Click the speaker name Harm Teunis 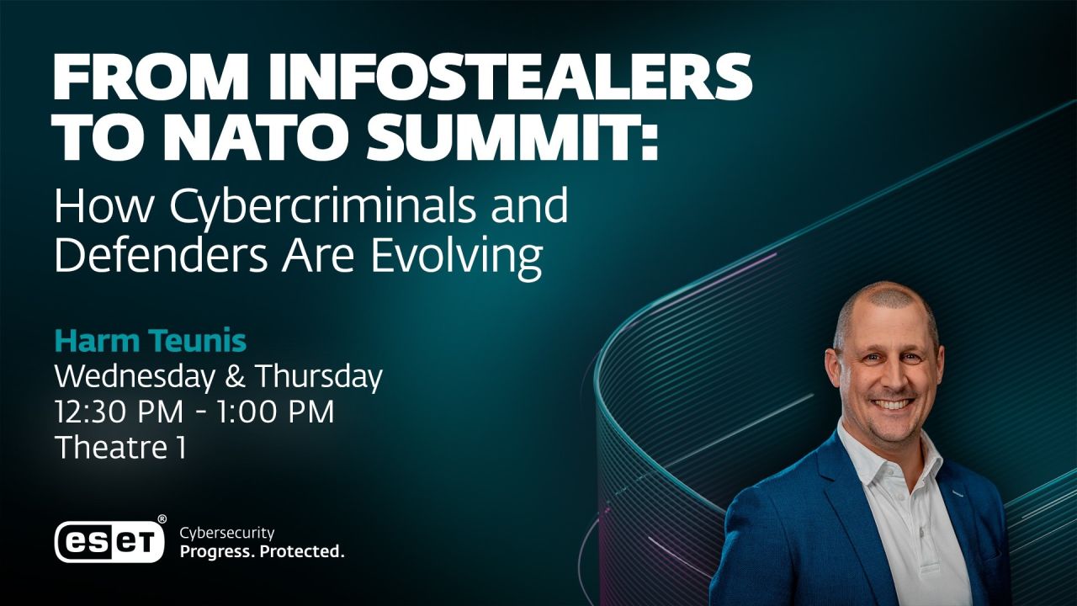click(x=151, y=342)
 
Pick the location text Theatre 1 click(x=119, y=447)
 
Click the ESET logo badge click(x=109, y=540)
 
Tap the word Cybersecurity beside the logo click(x=227, y=533)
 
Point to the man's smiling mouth click(x=893, y=405)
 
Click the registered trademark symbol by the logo click(x=162, y=520)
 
